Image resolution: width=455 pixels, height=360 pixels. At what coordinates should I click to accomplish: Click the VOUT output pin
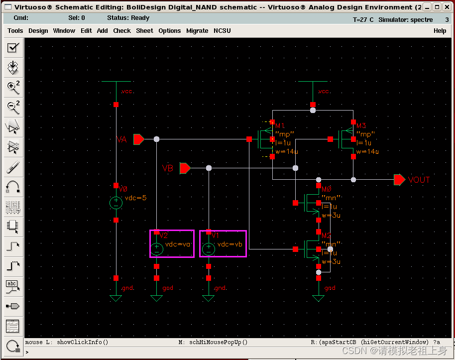pyautogui.click(x=399, y=180)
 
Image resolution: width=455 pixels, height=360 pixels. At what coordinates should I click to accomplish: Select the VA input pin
pyautogui.click(x=139, y=139)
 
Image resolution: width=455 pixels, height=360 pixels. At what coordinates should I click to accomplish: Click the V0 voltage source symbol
pyautogui.click(x=115, y=203)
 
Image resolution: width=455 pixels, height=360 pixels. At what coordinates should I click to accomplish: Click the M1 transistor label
pyautogui.click(x=279, y=126)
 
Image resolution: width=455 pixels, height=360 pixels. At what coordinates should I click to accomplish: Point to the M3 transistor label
pyautogui.click(x=361, y=126)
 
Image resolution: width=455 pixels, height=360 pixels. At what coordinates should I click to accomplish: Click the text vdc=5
pyautogui.click(x=135, y=198)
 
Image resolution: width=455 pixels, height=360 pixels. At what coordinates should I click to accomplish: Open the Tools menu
pyautogui.click(x=15, y=31)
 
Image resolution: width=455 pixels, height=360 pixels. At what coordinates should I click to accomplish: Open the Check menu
pyautogui.click(x=122, y=31)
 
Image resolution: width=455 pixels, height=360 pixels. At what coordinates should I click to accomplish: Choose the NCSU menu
pyautogui.click(x=223, y=31)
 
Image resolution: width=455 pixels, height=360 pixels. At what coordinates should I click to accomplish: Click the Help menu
pyautogui.click(x=440, y=31)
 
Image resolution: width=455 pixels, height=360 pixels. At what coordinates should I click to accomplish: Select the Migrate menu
pyautogui.click(x=197, y=31)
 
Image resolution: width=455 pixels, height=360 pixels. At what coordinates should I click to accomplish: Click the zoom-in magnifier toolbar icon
pyautogui.click(x=13, y=87)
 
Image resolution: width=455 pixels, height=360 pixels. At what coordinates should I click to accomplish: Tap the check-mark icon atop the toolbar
pyautogui.click(x=13, y=48)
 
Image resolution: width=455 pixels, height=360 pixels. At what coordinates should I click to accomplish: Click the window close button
pyautogui.click(x=446, y=7)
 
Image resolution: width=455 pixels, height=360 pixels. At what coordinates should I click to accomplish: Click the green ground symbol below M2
pyautogui.click(x=318, y=298)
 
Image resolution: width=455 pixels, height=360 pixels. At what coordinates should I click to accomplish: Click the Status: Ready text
pyautogui.click(x=128, y=18)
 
